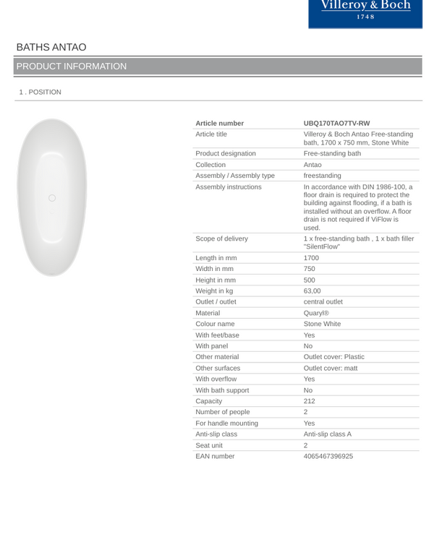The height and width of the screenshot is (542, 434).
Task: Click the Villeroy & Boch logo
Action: [365, 10]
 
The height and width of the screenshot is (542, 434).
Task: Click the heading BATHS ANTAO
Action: [51, 48]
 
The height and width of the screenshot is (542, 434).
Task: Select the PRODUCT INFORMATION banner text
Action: [72, 66]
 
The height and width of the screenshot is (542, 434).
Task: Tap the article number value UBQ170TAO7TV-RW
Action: [336, 124]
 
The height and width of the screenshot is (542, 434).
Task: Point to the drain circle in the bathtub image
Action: [51, 198]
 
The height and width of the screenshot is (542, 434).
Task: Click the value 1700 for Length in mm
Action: [311, 258]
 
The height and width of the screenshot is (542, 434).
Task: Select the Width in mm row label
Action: [214, 269]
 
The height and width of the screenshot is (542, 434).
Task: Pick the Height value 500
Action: [310, 280]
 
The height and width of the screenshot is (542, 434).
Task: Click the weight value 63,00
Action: [312, 291]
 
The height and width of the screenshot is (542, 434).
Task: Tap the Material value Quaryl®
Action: [316, 313]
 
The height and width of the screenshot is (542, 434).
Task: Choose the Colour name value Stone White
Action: [322, 324]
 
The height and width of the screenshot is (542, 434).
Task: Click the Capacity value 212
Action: [310, 401]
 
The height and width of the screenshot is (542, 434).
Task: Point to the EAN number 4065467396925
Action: [328, 457]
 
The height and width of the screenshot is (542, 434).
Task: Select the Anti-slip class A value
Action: [327, 434]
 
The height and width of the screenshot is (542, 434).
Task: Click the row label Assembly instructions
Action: [229, 187]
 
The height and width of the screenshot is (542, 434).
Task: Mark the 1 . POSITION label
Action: [41, 93]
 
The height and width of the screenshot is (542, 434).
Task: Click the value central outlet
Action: [323, 302]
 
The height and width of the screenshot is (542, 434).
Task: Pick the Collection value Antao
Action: [312, 165]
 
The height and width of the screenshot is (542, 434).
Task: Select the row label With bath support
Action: [222, 390]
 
